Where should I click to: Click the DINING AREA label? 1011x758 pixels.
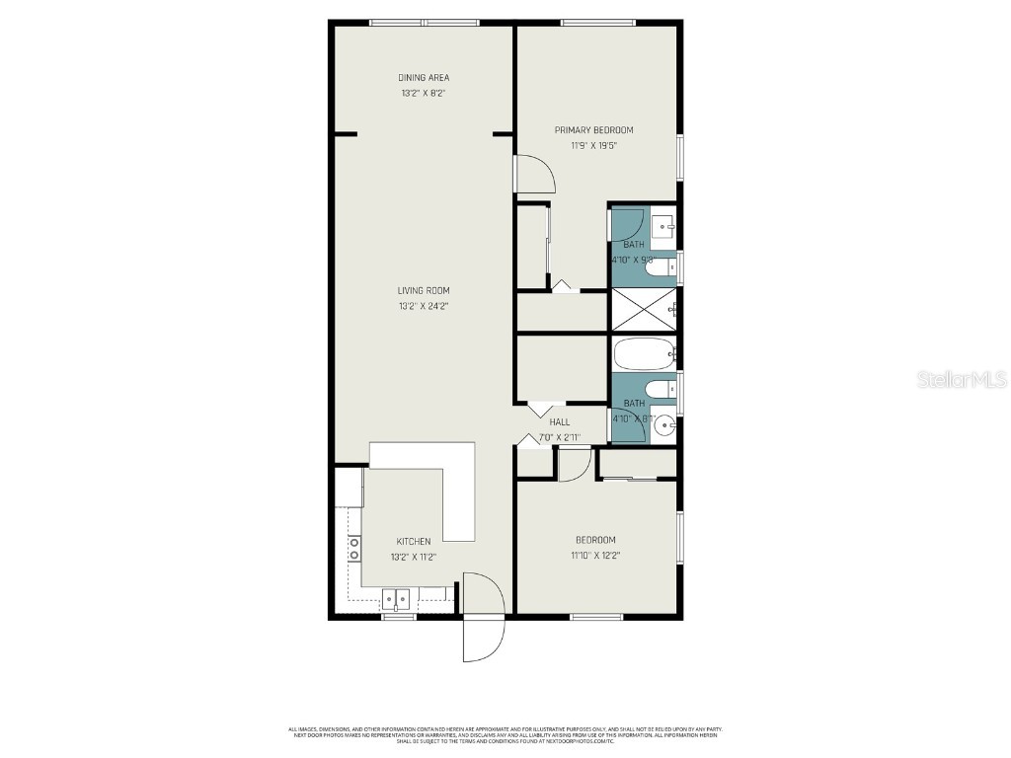[x=424, y=77]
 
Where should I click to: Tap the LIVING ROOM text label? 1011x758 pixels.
[x=424, y=290]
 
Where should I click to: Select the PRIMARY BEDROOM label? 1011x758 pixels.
[x=593, y=130]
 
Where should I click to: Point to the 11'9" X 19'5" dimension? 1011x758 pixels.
[x=593, y=146]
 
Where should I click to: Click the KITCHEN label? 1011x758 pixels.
[x=414, y=541]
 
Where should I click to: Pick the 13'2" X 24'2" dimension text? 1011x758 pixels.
[x=424, y=306]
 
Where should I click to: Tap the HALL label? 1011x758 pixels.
[x=560, y=421]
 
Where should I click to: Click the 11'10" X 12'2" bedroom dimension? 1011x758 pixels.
[x=595, y=555]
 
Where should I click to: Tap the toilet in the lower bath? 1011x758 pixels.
[x=661, y=390]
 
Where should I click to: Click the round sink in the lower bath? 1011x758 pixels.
[x=665, y=426]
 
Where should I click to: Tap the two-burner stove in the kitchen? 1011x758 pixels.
[x=353, y=549]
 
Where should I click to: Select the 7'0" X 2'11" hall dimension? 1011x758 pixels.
[x=560, y=437]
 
